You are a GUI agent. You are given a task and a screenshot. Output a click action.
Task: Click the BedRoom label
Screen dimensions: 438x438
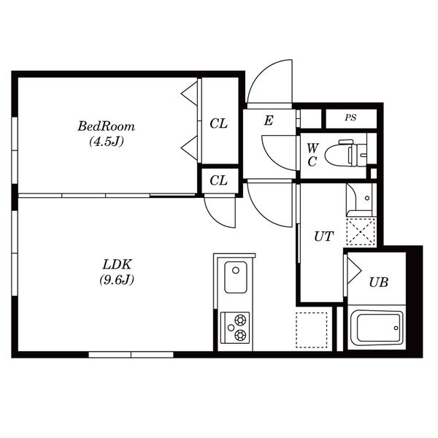pyautogui.click(x=106, y=126)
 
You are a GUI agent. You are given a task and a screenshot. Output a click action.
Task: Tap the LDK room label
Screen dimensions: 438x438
pyautogui.click(x=117, y=264)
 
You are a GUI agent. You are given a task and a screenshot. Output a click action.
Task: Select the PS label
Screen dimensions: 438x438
pyautogui.click(x=350, y=118)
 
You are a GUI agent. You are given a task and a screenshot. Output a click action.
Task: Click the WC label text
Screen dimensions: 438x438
pyautogui.click(x=312, y=155)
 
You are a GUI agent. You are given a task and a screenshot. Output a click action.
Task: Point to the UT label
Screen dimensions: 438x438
pyautogui.click(x=323, y=237)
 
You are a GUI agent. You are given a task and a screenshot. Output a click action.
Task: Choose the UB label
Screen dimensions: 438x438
pyautogui.click(x=378, y=283)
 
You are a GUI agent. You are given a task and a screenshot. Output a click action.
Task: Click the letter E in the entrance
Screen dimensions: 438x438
pyautogui.click(x=269, y=120)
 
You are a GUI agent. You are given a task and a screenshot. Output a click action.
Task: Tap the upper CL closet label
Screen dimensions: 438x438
pyautogui.click(x=219, y=123)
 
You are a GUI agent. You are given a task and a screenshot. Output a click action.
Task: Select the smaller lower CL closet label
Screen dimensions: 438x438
pyautogui.click(x=219, y=180)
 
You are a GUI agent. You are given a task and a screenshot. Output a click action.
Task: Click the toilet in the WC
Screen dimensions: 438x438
pyautogui.click(x=346, y=153)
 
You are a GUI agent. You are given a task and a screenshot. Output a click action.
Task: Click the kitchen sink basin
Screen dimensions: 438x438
pyautogui.click(x=236, y=277)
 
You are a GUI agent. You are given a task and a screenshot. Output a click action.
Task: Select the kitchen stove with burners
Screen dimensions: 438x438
pyautogui.click(x=235, y=327)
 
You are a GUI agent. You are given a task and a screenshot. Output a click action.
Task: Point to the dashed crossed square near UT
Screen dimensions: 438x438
pyautogui.click(x=361, y=232)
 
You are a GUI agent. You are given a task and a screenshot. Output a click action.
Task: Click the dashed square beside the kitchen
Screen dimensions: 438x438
pyautogui.click(x=312, y=330)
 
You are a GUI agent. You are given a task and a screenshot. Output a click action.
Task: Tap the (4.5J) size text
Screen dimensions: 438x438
pyautogui.click(x=106, y=142)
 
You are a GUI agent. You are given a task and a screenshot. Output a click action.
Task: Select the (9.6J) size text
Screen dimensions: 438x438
pyautogui.click(x=117, y=280)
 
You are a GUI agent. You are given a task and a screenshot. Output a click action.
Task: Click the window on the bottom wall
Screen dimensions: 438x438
pyautogui.click(x=131, y=355)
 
